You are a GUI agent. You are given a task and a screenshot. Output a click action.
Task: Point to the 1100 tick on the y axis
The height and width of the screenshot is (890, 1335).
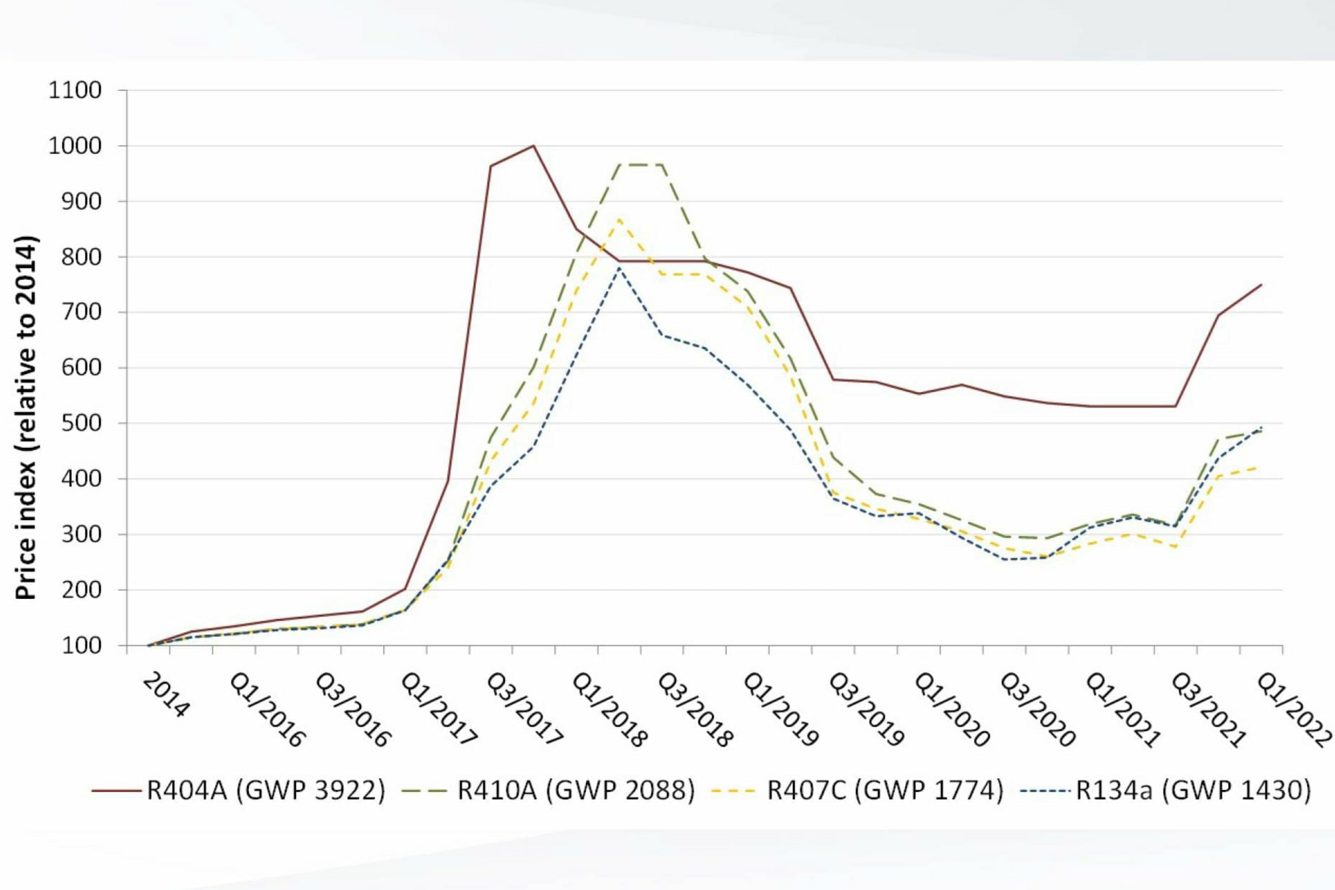pyautogui.click(x=75, y=90)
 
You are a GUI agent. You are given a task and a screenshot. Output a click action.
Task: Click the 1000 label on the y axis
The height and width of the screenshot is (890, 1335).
pyautogui.click(x=75, y=146)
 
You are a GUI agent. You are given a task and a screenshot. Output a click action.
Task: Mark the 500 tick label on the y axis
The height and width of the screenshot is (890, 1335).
pyautogui.click(x=81, y=423)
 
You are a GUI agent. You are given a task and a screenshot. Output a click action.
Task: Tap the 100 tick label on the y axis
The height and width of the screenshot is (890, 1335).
pyautogui.click(x=81, y=646)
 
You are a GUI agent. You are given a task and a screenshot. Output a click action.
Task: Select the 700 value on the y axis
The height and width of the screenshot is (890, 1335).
pyautogui.click(x=81, y=312)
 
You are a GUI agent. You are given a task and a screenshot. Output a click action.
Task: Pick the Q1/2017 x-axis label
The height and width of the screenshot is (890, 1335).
pyautogui.click(x=439, y=708)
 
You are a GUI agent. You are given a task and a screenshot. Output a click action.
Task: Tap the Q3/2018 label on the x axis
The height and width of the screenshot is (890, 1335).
pyautogui.click(x=695, y=708)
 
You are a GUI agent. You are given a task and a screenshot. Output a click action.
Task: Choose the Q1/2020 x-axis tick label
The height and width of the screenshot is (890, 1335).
pyautogui.click(x=951, y=708)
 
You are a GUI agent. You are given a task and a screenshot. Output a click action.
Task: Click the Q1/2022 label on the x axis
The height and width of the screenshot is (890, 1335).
pyautogui.click(x=1294, y=708)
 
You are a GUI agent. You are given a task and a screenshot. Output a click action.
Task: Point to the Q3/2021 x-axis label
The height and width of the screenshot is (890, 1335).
pyautogui.click(x=1208, y=708)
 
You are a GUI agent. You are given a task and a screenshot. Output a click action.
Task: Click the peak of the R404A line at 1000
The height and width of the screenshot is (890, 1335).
pyautogui.click(x=533, y=146)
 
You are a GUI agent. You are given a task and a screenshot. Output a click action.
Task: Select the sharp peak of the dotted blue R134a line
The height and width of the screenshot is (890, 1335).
pyautogui.click(x=619, y=267)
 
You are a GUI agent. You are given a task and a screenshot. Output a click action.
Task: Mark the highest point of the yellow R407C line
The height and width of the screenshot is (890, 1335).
pyautogui.click(x=619, y=219)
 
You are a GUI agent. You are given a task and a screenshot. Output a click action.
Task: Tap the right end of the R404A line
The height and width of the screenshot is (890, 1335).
pyautogui.click(x=1261, y=285)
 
